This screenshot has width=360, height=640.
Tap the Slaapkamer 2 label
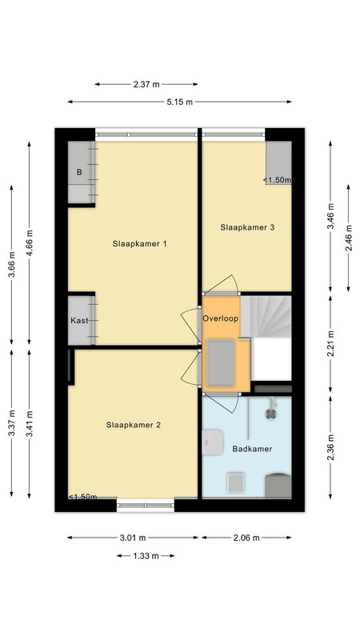[x=133, y=425]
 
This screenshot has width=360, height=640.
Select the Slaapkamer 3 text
[x=247, y=227]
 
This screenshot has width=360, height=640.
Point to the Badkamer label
[x=252, y=449]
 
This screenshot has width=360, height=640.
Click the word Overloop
[x=221, y=318]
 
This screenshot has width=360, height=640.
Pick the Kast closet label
[x=79, y=321]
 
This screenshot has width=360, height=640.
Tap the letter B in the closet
[x=79, y=172]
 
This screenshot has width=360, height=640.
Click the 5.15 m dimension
[x=179, y=102]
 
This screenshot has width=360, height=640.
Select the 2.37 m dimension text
[x=146, y=85]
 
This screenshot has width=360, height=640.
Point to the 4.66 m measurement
[x=30, y=242]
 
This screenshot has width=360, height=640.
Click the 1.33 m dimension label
[x=146, y=556]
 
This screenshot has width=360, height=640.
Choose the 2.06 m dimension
[x=246, y=538]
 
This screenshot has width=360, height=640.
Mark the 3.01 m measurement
[x=133, y=538]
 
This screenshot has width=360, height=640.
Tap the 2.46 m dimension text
[x=348, y=238]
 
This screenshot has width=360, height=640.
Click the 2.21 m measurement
[x=330, y=344]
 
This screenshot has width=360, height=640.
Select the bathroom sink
[x=212, y=442]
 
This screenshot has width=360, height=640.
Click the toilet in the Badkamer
[x=278, y=485]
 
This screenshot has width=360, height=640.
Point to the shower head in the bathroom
[x=270, y=413]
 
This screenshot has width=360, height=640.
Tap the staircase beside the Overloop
[x=266, y=316]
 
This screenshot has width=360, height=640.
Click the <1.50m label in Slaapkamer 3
[x=277, y=179]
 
